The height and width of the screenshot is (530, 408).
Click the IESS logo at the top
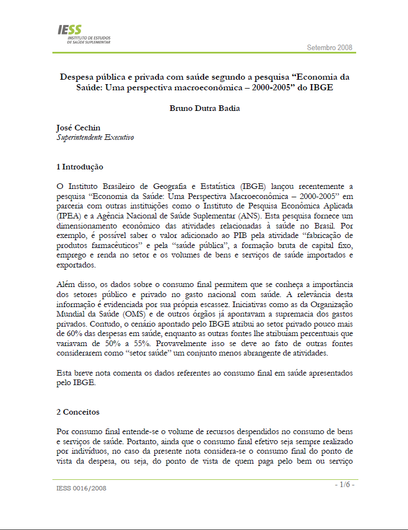[84, 34]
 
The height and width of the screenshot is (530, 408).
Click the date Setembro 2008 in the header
[329, 48]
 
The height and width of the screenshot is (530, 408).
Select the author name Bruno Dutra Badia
[205, 108]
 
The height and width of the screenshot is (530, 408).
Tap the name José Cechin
[79, 128]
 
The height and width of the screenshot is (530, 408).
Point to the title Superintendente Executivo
[95, 137]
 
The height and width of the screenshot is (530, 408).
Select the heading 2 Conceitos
[78, 412]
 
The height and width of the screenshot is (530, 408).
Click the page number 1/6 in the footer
[344, 484]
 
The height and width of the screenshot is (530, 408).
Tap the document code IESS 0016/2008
[81, 488]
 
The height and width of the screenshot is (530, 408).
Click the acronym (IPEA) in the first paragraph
[68, 216]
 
